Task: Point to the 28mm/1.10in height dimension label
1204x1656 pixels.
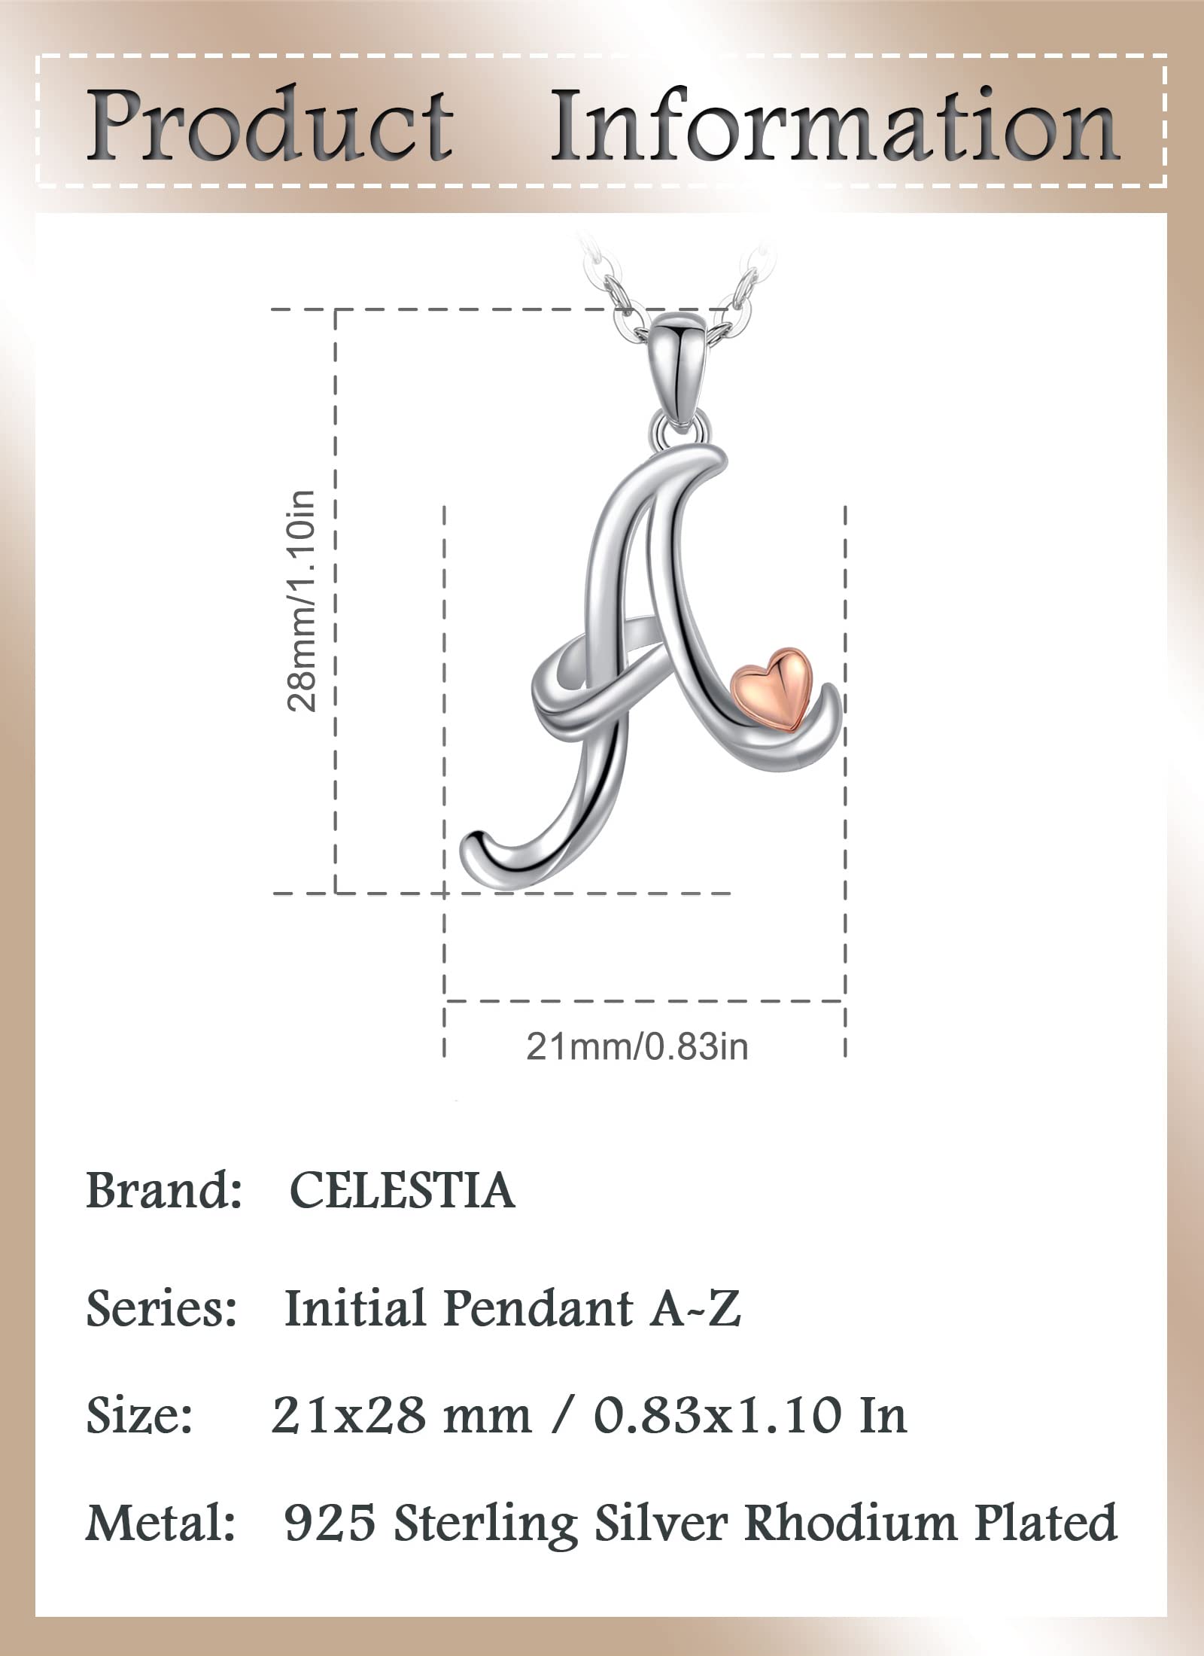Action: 302,601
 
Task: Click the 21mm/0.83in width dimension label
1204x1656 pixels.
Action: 637,1047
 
